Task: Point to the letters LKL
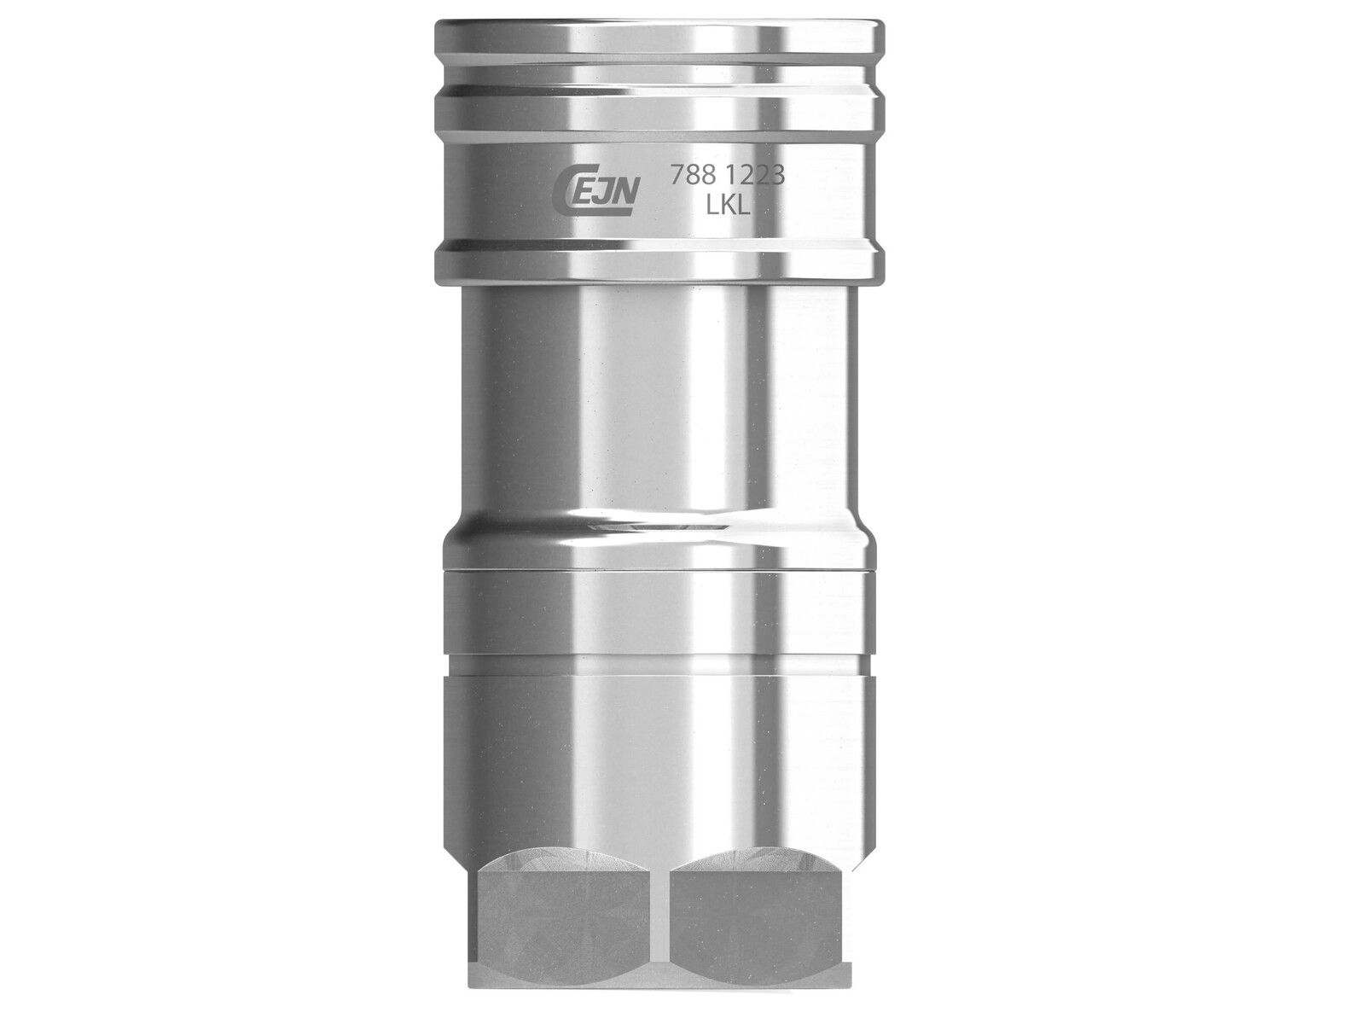tap(728, 205)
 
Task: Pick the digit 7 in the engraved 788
tap(676, 175)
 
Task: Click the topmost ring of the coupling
tap(659, 38)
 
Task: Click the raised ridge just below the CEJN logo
tap(659, 260)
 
